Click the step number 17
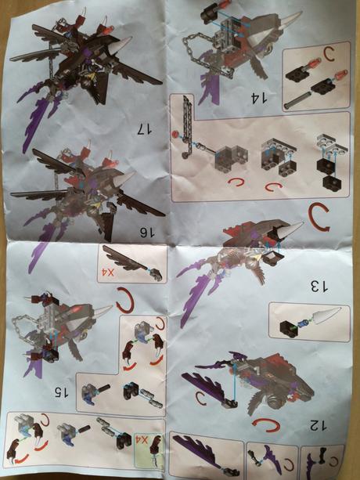coord(144,128)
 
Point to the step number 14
coord(259,98)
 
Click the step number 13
coord(319,287)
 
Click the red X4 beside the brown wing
coord(106,272)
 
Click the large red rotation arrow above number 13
coord(319,218)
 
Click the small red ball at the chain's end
coord(175,134)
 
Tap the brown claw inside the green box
coord(155,449)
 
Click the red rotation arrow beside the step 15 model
coord(124,300)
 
